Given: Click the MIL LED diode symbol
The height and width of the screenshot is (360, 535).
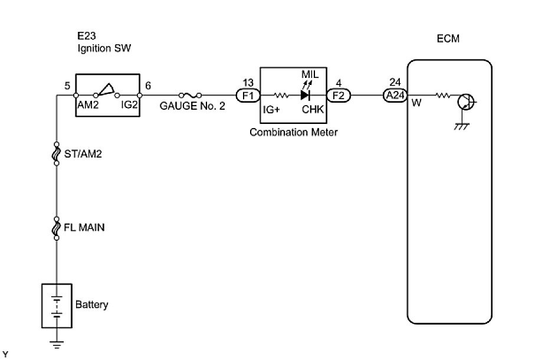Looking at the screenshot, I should (306, 94).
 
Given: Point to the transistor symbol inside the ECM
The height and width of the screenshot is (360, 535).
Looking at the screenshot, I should (465, 102).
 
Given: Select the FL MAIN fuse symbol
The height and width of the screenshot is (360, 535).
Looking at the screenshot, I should (57, 227).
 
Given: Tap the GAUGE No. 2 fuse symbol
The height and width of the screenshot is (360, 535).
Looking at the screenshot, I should (192, 94).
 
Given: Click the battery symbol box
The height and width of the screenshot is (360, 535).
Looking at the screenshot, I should (57, 305).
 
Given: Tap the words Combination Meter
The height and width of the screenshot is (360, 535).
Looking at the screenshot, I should (294, 132).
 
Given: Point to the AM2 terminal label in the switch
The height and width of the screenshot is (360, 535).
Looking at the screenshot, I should (88, 106).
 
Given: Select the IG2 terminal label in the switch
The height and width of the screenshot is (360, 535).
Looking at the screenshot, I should (130, 106).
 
